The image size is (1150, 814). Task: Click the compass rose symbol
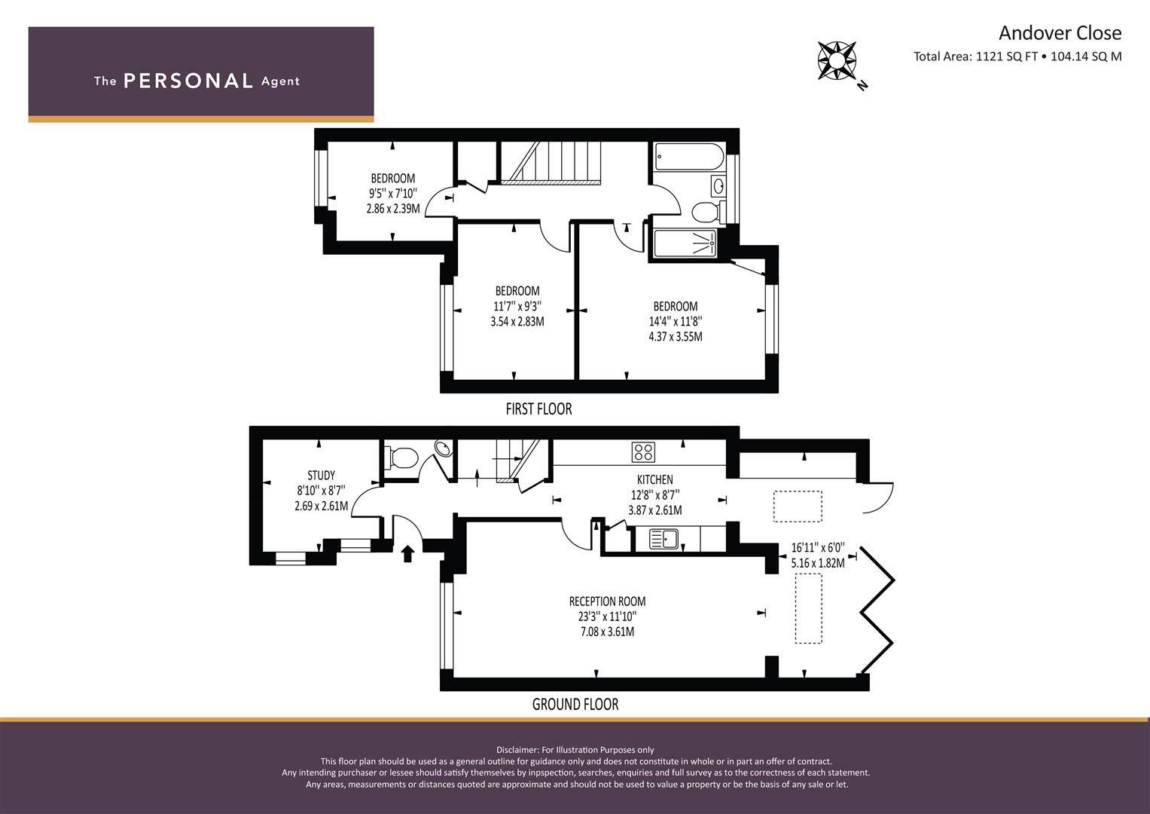[836, 61]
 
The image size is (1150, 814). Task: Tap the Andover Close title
[1060, 33]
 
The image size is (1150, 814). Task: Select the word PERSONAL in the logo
[188, 81]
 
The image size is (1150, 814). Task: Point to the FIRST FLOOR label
[538, 409]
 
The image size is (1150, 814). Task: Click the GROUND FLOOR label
[575, 704]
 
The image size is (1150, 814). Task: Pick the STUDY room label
[322, 476]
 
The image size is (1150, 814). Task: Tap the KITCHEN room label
[655, 479]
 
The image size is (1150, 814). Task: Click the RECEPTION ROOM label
[607, 601]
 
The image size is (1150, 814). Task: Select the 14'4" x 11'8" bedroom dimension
[676, 321]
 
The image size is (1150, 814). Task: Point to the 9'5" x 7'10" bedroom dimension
[392, 193]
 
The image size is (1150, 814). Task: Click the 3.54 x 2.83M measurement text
[517, 322]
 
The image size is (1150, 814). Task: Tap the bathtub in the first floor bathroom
[690, 156]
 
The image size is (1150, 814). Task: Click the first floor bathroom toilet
[709, 211]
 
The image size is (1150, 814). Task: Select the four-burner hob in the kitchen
[643, 452]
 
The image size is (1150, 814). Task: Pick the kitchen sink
[663, 539]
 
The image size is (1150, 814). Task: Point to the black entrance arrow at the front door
[407, 553]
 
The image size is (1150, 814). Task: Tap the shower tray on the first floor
[685, 243]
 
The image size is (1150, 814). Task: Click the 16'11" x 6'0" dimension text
[818, 548]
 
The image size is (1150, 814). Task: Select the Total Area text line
[1017, 57]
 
